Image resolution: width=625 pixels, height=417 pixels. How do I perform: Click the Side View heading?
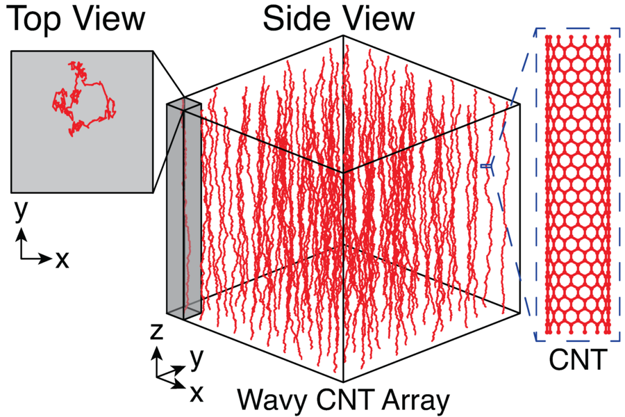338,19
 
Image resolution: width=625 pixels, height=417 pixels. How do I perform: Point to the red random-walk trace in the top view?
83,98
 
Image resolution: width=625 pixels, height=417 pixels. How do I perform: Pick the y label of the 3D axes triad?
197,359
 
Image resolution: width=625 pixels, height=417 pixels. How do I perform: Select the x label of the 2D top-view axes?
62,259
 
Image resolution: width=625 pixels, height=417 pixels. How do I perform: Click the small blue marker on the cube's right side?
486,165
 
